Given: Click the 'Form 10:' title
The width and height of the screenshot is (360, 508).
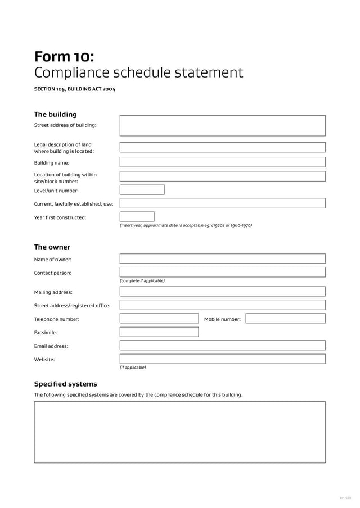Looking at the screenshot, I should click(x=64, y=57).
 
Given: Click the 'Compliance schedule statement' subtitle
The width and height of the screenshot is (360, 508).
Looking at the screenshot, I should click(x=138, y=73).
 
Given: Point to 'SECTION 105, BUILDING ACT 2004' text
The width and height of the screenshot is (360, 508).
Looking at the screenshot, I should click(x=75, y=89).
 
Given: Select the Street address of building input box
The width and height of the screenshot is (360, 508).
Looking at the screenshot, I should click(x=222, y=125).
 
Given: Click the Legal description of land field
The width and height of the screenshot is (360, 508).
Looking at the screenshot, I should click(x=222, y=147).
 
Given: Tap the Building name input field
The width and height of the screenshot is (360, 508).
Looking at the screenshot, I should click(x=222, y=162).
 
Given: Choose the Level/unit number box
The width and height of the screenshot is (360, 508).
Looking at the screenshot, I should click(x=142, y=190).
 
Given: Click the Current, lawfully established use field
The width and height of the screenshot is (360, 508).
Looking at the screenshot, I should click(x=222, y=203).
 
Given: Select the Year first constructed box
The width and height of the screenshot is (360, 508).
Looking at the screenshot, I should click(x=137, y=217).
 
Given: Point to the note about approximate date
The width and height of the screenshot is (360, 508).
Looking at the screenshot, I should click(x=186, y=225).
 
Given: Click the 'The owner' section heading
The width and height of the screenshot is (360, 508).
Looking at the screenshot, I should click(x=52, y=247).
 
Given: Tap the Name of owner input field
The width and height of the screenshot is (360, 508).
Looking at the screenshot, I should click(x=222, y=259).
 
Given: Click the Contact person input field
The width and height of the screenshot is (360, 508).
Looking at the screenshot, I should click(x=222, y=273).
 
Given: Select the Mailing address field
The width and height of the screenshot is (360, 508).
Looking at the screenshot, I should click(x=222, y=292).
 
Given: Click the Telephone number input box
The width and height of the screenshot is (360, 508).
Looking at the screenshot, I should click(x=159, y=319).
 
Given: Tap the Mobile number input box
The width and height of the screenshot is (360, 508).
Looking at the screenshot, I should click(x=285, y=319).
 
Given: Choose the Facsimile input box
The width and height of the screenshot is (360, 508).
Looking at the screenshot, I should click(x=159, y=332).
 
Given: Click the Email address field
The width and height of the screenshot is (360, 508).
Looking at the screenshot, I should click(x=222, y=346).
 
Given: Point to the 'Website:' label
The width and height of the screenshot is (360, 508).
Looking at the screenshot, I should click(x=44, y=360).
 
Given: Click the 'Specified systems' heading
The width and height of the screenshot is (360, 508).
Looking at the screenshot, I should click(x=65, y=384).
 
